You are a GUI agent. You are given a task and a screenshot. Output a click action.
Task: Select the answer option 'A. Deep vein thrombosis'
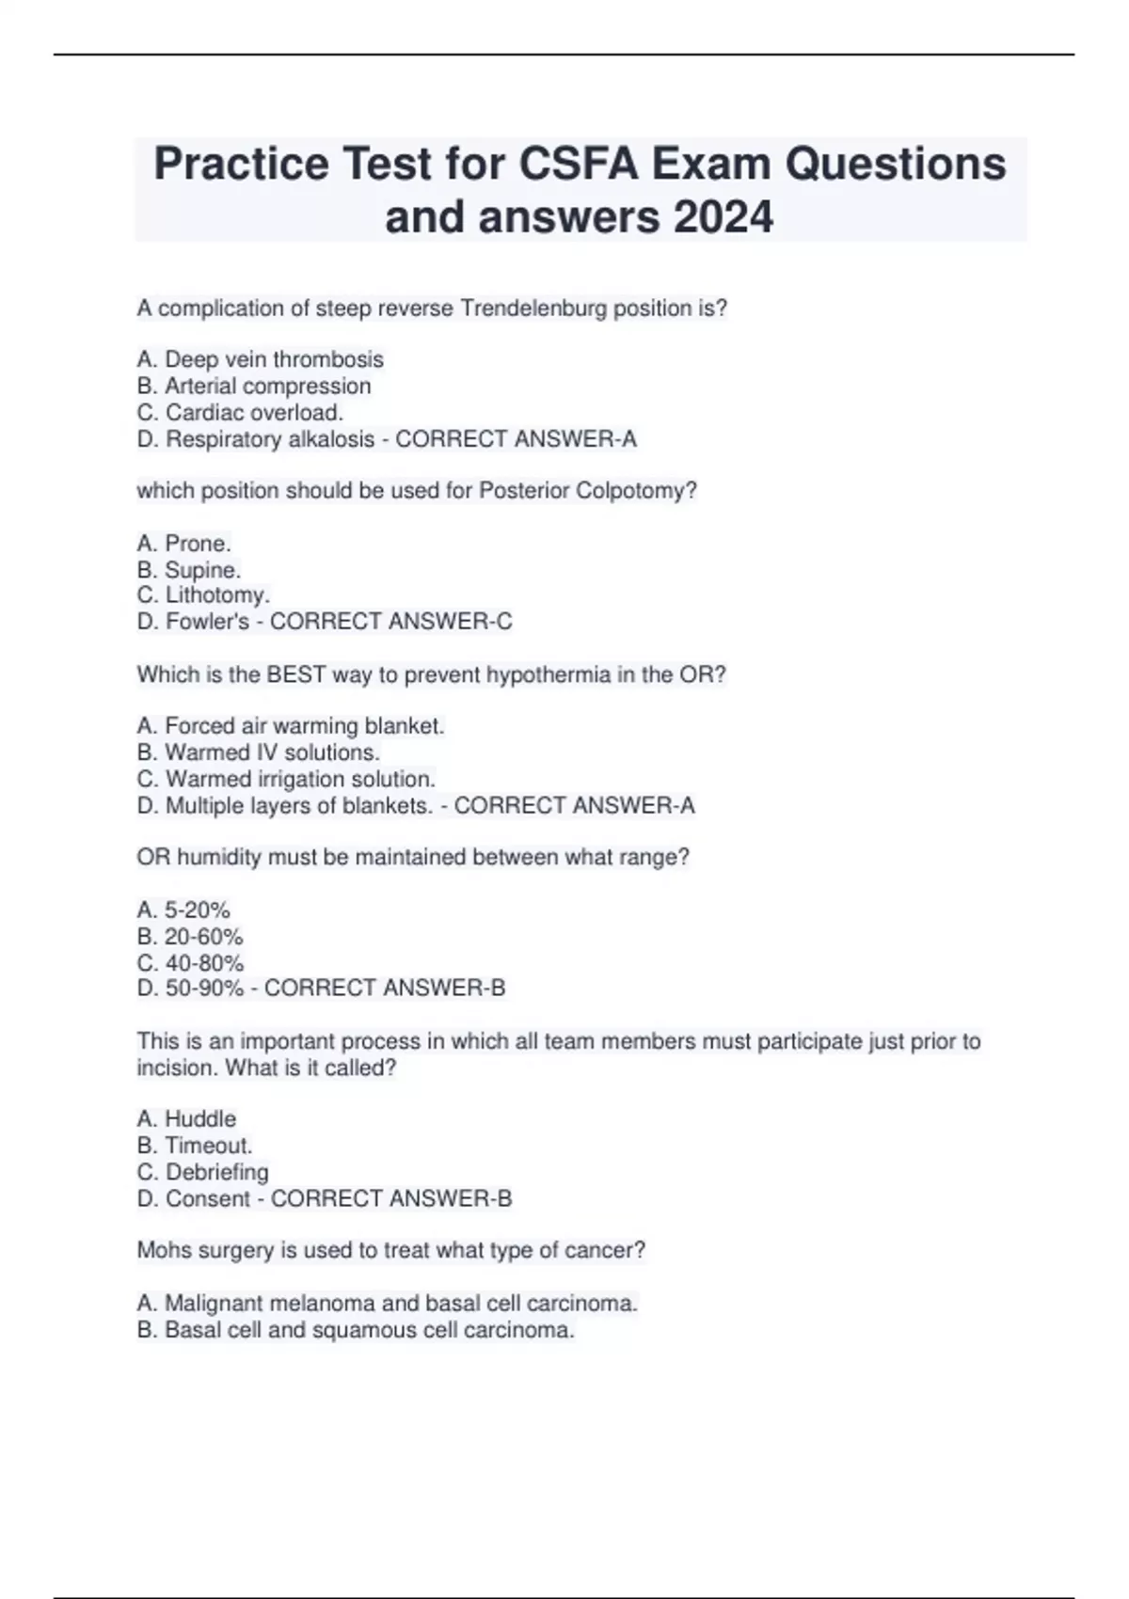point(260,359)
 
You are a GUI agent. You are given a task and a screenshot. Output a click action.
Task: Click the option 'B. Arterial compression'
point(254,386)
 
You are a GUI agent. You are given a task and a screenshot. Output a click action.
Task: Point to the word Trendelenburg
point(533,309)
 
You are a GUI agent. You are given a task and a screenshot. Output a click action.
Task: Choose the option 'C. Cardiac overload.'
point(240,412)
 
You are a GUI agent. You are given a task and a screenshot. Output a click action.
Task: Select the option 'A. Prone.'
point(183,544)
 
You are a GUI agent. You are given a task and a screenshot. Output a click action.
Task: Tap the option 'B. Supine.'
point(189,570)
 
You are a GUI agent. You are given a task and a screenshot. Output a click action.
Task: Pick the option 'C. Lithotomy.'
point(203,595)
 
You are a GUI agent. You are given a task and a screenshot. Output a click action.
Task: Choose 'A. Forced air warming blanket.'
point(291,726)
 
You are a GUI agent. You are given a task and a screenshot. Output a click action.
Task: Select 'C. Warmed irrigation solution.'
point(286,779)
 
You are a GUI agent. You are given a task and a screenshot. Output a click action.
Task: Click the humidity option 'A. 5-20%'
point(183,910)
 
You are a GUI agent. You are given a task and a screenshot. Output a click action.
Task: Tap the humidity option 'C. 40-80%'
point(190,963)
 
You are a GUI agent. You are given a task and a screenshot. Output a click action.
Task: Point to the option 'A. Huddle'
point(186,1119)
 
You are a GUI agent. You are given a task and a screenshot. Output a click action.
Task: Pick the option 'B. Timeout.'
point(195,1146)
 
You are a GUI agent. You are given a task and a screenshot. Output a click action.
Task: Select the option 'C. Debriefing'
point(202,1172)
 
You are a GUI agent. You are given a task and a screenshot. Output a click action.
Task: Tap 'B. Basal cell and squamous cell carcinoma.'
point(356,1330)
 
